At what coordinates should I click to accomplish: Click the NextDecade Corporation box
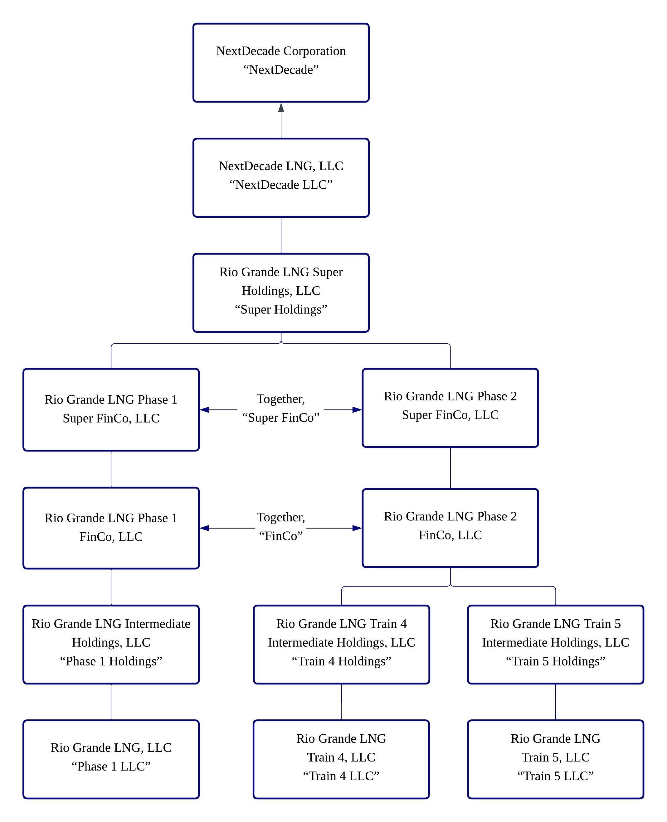point(281,63)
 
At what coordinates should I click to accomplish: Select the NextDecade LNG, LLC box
point(281,177)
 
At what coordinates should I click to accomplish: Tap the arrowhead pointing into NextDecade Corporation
point(281,108)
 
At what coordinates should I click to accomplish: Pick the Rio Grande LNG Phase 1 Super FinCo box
point(111,409)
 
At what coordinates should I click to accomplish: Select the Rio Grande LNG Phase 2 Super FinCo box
point(450,408)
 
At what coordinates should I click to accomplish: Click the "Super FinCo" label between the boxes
point(281,418)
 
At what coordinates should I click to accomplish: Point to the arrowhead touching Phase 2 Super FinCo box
point(357,409)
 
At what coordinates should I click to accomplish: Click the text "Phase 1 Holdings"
point(111,661)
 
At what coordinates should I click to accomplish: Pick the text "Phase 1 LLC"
point(111,766)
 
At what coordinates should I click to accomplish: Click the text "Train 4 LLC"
point(341,776)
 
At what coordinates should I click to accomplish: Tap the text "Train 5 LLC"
point(555,776)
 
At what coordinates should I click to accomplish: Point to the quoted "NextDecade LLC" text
point(281,185)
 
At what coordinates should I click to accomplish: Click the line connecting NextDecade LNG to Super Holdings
point(281,235)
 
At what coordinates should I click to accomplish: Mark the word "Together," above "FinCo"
point(281,517)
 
